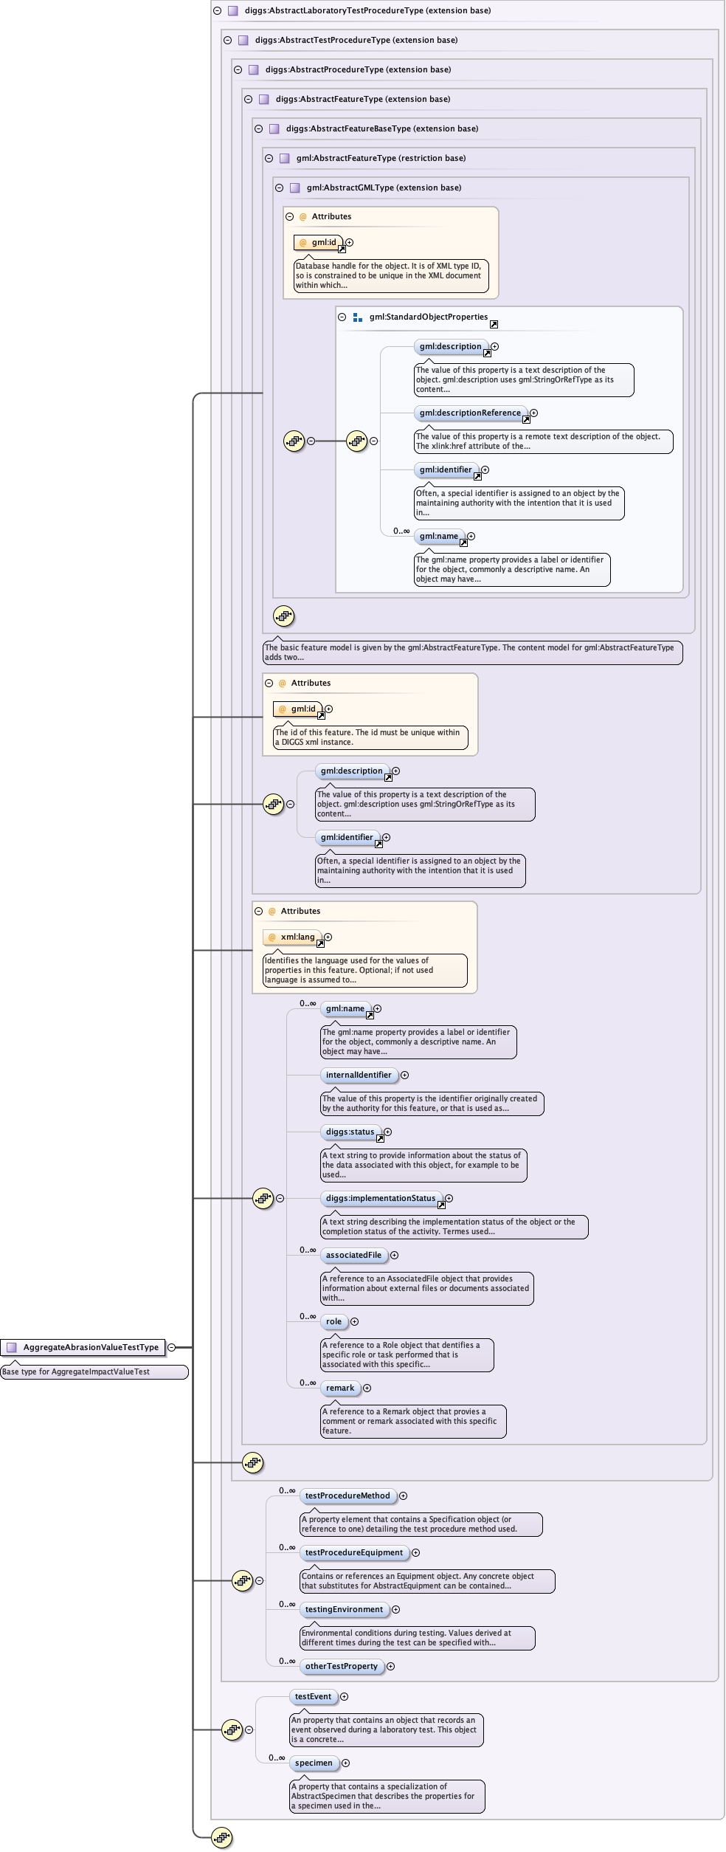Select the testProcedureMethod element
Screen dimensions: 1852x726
coord(348,1495)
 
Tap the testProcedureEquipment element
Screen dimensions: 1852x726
coord(354,1552)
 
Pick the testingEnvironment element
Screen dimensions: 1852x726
coord(344,1609)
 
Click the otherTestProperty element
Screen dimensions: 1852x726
coord(341,1666)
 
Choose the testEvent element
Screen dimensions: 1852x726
coord(313,1696)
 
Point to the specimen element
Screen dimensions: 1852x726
coord(314,1763)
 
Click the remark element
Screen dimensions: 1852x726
coord(340,1388)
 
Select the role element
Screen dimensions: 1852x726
coord(333,1321)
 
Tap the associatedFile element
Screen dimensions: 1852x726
coord(353,1255)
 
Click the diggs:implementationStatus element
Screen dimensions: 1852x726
coord(381,1198)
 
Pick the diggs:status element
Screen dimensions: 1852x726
coord(350,1132)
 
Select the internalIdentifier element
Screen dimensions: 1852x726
coord(359,1075)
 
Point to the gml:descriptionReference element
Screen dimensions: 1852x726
coord(470,413)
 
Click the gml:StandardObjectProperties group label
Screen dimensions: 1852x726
coord(428,317)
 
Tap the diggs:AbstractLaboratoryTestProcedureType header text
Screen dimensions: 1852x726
coord(367,10)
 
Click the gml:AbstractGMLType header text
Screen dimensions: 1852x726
coord(384,187)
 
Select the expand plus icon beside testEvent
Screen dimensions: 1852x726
coord(344,1696)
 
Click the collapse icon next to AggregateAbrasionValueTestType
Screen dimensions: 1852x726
coord(172,1347)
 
